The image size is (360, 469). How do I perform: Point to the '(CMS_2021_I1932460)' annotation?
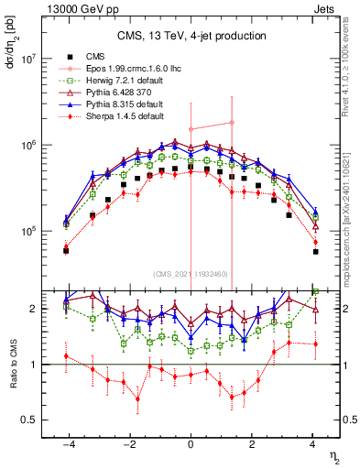[x=191, y=274]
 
